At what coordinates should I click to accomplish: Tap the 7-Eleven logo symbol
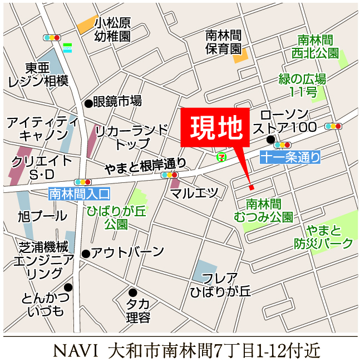221,157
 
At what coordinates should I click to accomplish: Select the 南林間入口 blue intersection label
80,194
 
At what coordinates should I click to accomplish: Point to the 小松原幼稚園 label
112,30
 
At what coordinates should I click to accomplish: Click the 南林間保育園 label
223,42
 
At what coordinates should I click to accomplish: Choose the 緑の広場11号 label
302,84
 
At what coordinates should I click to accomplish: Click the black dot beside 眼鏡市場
88,103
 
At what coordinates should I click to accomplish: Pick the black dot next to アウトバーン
86,254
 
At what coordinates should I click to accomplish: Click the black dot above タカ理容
132,292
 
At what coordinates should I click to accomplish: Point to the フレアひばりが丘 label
220,284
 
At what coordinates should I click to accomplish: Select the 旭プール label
42,216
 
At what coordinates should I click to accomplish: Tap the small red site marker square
250,186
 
